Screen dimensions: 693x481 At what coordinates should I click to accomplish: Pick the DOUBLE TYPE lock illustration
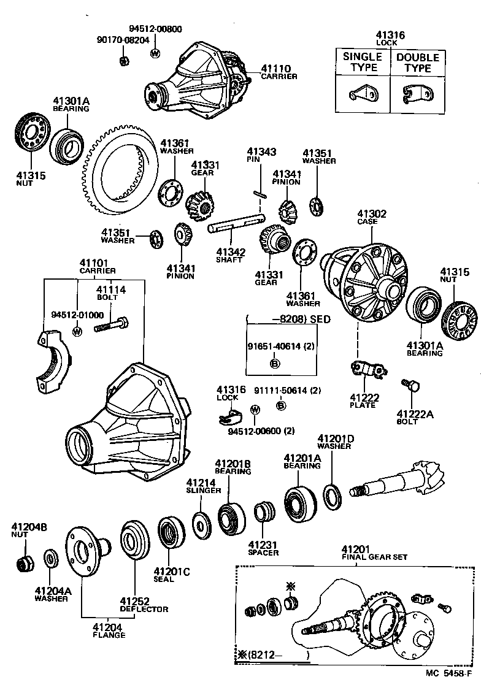[x=417, y=93]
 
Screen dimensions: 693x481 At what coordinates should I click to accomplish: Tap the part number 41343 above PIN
[x=261, y=151]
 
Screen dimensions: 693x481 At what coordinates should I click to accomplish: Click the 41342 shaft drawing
[x=236, y=227]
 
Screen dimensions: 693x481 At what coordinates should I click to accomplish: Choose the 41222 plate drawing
[x=367, y=372]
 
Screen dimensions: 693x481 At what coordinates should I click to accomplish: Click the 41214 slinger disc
[x=199, y=523]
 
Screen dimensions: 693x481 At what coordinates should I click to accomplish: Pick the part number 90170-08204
[x=122, y=40]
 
